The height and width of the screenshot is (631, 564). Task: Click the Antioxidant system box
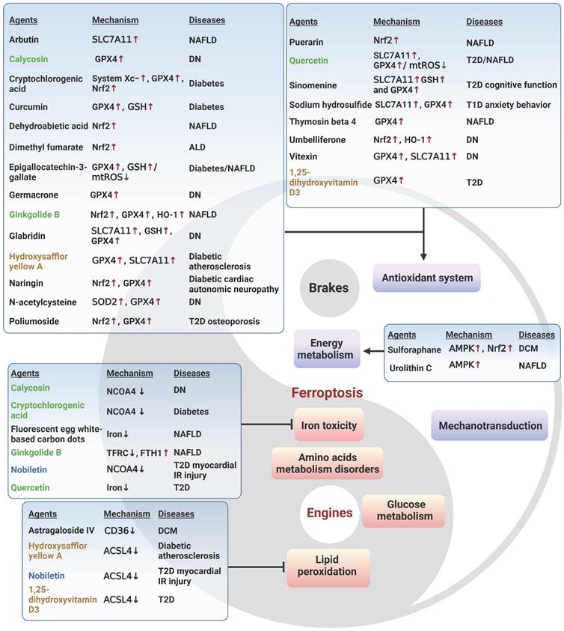(x=426, y=278)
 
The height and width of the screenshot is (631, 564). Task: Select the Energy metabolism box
(x=326, y=349)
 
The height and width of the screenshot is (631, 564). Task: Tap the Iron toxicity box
(x=328, y=425)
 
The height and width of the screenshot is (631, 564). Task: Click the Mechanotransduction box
(x=490, y=425)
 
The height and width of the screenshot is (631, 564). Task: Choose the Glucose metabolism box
(x=404, y=510)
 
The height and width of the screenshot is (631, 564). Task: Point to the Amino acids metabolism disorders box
(x=328, y=463)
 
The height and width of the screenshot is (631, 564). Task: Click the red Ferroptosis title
(x=328, y=392)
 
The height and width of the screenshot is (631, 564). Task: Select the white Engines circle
(x=329, y=513)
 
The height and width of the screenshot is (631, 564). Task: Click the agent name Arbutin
(x=25, y=38)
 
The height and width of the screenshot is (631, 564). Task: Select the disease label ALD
(x=197, y=147)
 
